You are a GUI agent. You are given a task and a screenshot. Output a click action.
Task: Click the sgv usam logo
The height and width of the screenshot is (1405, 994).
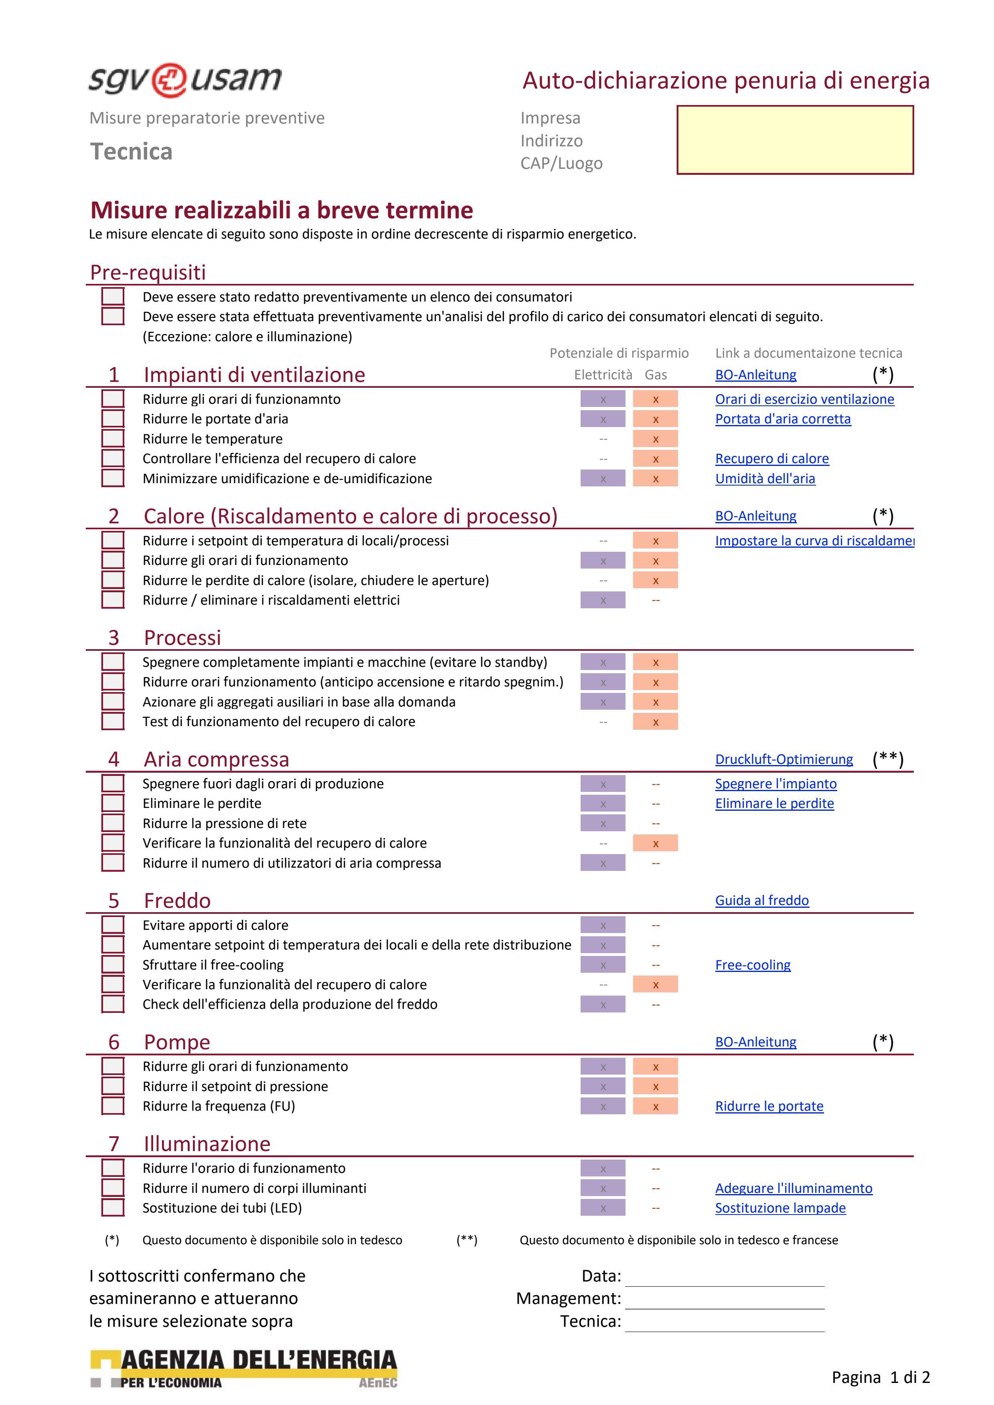(185, 79)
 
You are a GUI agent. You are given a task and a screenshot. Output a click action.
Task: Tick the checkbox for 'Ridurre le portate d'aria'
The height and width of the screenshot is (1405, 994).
(113, 419)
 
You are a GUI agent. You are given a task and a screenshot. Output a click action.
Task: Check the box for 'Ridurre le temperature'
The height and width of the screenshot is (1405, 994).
(113, 439)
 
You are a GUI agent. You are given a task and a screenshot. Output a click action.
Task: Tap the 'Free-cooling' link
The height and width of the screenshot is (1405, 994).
(753, 965)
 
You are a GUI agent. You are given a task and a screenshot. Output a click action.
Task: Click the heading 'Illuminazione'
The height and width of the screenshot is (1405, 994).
(207, 1144)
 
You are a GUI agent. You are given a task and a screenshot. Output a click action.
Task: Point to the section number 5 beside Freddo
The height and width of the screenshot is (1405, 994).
(114, 901)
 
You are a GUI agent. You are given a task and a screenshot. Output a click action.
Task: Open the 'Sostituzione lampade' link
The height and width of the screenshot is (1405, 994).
(780, 1208)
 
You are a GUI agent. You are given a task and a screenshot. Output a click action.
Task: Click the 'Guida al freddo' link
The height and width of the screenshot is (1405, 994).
(762, 900)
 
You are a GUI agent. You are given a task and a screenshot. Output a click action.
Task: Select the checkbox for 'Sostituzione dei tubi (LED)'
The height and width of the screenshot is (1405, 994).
(113, 1208)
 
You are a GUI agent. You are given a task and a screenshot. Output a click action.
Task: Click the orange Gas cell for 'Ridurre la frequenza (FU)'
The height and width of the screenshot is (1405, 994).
(655, 1106)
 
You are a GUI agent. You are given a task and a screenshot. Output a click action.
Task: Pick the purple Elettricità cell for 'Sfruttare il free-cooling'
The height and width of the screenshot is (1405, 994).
(603, 965)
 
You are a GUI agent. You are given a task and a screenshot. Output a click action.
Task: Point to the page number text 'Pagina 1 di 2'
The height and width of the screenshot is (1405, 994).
(880, 1377)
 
